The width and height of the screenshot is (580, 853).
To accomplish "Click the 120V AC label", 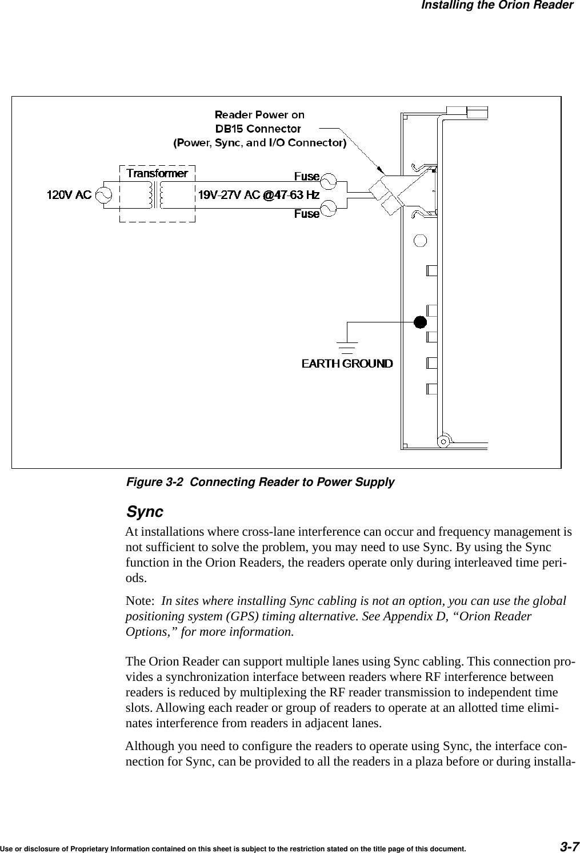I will click(69, 195).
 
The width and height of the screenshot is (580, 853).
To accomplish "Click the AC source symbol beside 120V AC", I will click(104, 195).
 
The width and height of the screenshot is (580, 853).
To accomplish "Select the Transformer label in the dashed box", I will click(157, 173).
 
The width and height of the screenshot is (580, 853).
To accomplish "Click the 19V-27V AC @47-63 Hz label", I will click(258, 195).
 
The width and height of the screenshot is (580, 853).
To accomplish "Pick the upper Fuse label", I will click(306, 176).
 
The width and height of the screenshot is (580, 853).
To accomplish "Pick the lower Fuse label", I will click(306, 214).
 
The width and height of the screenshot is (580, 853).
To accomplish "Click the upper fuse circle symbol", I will click(329, 181).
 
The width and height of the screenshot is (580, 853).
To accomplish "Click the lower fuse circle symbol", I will click(329, 209).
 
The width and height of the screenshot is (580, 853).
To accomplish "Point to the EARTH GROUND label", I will click(347, 364).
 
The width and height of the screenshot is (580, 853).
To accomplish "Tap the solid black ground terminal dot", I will click(420, 322).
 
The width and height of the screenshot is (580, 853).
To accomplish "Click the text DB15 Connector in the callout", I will click(259, 129).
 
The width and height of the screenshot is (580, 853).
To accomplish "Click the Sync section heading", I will click(144, 511).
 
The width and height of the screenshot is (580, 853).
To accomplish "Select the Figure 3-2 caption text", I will click(260, 482).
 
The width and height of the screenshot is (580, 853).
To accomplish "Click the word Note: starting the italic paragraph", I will click(141, 601).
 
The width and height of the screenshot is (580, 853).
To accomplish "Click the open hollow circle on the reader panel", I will click(420, 240).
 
